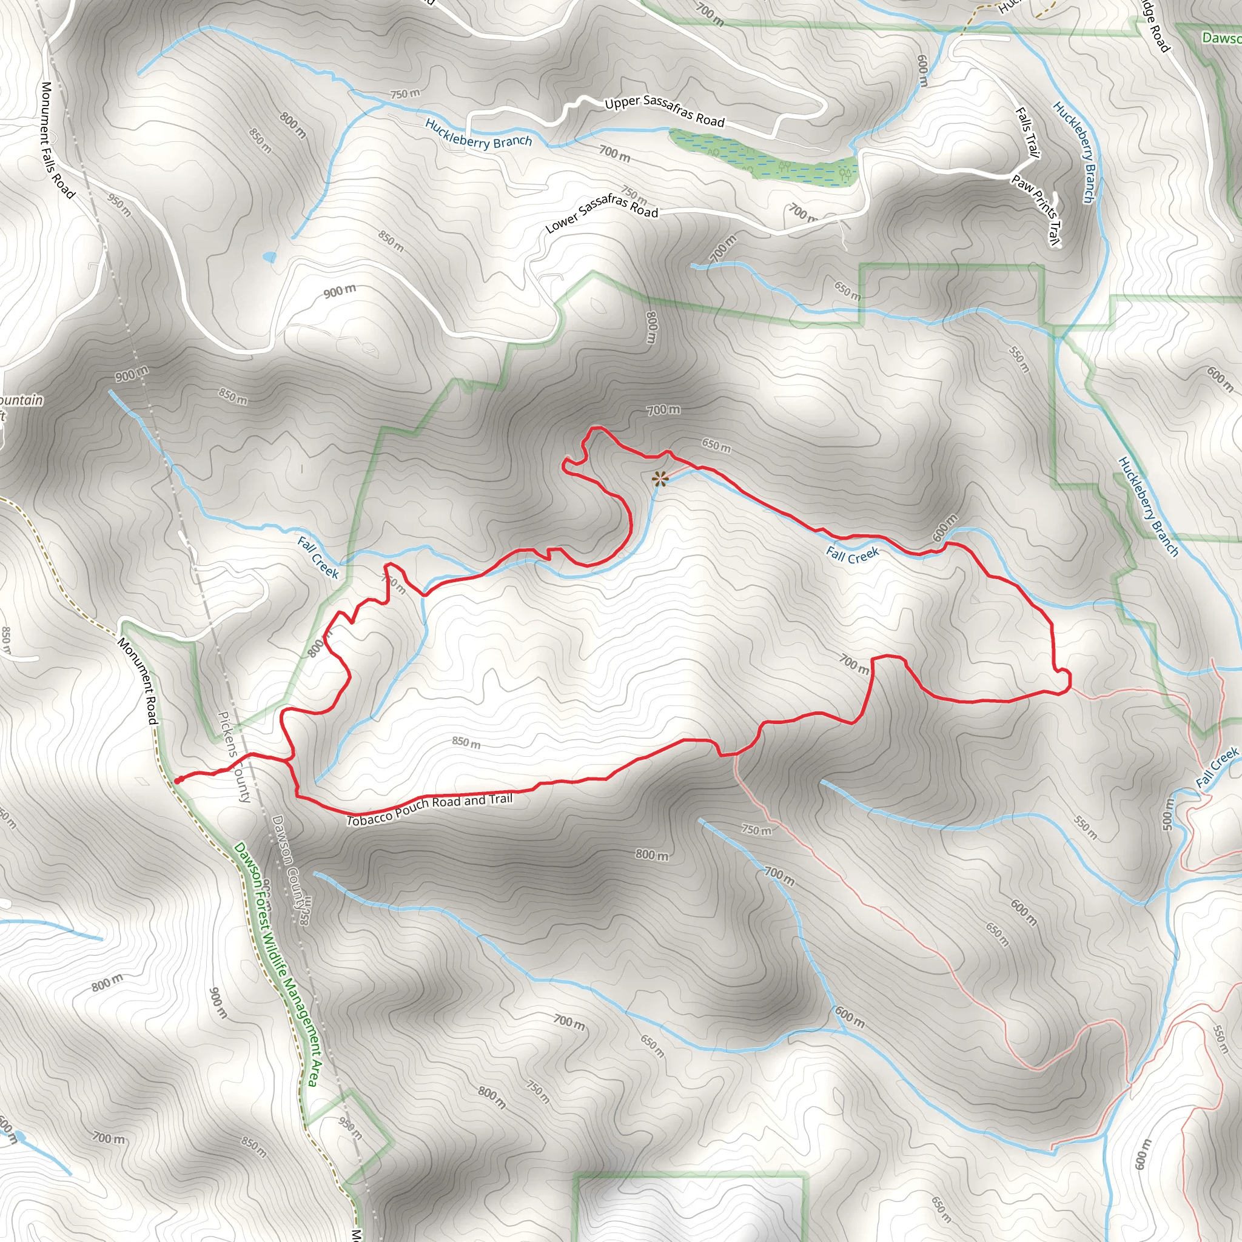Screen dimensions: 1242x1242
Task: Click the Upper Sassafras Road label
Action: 664,111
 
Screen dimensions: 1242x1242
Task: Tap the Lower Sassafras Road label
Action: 602,213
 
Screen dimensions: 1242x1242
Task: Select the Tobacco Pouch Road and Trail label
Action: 430,809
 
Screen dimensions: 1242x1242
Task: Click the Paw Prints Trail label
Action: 1036,210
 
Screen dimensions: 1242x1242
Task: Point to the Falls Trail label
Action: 1027,132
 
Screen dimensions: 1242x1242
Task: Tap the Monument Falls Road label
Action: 57,139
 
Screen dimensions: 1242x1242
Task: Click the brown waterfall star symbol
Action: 659,478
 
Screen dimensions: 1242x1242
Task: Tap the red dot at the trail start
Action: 177,780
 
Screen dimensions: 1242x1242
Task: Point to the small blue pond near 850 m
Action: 269,257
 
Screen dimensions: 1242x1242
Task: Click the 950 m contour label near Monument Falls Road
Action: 119,205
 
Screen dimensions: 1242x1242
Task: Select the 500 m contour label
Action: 1168,814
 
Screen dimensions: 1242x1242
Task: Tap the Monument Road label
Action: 138,681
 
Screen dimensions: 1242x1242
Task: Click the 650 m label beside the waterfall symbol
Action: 716,445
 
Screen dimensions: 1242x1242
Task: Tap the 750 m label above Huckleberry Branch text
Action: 405,94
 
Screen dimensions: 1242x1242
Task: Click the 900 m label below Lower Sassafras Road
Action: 340,291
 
